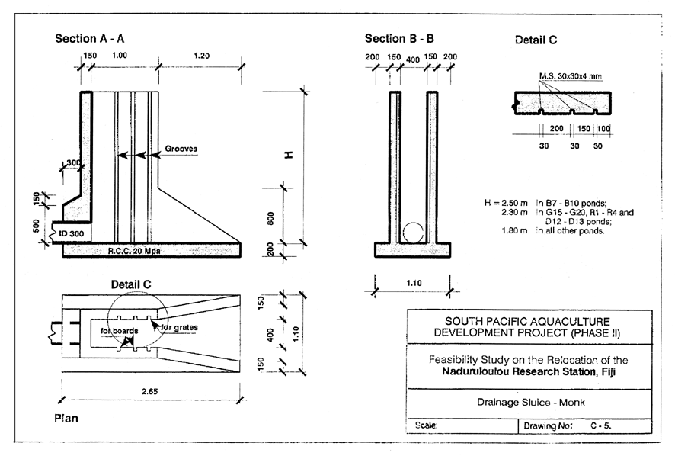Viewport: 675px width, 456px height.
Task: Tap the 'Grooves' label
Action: pos(181,149)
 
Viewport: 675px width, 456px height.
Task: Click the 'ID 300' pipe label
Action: pos(70,232)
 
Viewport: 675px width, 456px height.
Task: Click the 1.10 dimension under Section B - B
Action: pos(412,282)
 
